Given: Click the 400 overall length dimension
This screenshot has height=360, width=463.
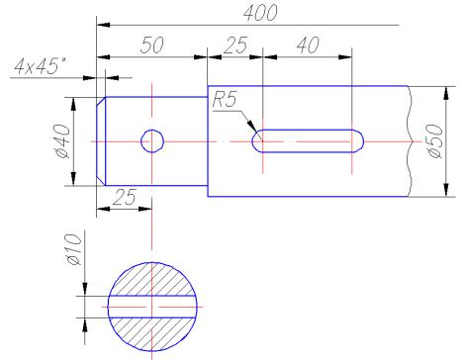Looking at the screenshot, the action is [260, 13].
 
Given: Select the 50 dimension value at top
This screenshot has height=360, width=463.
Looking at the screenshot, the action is [151, 45].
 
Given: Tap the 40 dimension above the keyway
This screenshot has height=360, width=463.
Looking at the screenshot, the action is [309, 45].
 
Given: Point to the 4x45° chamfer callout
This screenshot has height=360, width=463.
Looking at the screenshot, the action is [40, 65].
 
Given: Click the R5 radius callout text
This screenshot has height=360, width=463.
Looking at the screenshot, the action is [225, 99].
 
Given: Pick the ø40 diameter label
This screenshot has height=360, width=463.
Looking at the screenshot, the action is [62, 141].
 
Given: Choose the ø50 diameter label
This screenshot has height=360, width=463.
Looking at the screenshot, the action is [435, 141].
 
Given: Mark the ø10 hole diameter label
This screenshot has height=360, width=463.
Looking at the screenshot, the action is [74, 249].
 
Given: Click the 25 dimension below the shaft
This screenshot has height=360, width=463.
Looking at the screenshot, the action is [124, 197].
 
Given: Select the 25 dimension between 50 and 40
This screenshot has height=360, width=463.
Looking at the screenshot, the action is [235, 45].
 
